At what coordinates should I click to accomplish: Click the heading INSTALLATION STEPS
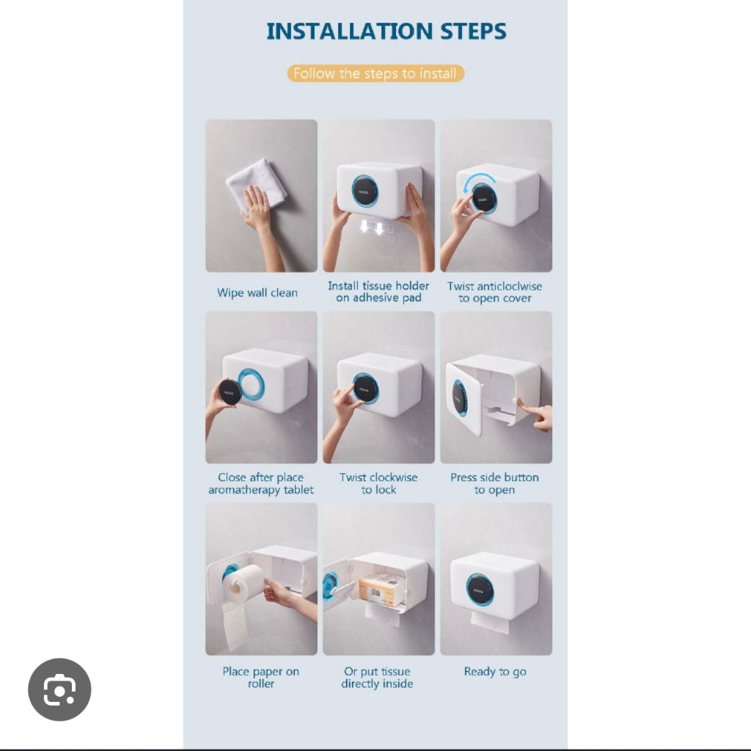(386, 32)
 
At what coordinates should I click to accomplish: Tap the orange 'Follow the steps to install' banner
(375, 73)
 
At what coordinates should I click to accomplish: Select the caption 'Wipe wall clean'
(257, 293)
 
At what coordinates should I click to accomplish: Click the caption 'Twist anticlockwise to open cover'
(495, 292)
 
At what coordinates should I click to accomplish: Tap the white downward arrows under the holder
(372, 227)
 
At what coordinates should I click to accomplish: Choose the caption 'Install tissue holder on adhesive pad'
(378, 292)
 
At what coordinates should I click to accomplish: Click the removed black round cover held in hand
(230, 392)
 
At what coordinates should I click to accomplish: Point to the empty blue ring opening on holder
(251, 384)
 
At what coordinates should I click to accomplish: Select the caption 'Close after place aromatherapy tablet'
(261, 483)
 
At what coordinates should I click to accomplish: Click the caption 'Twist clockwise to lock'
(378, 483)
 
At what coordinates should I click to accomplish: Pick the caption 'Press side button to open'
(495, 483)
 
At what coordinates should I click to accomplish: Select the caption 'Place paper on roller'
(261, 677)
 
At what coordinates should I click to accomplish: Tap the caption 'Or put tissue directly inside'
(378, 677)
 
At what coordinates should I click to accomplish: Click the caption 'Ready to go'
(495, 672)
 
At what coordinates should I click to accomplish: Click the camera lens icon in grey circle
(59, 689)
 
